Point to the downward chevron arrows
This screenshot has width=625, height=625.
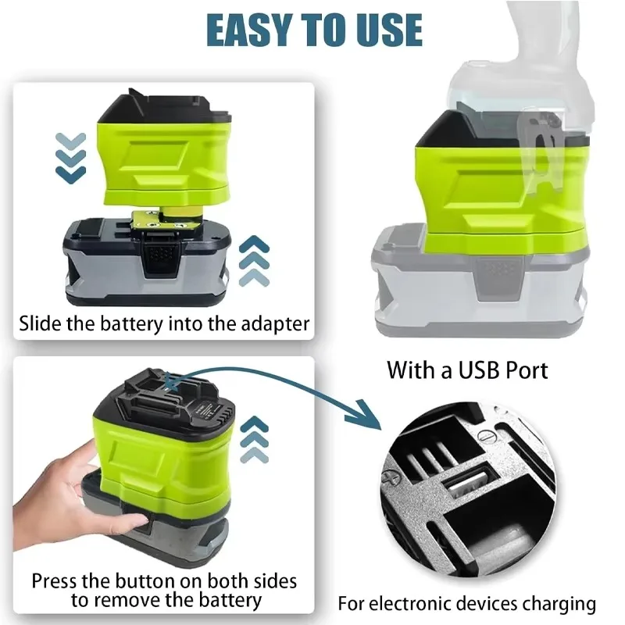tap(71, 157)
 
